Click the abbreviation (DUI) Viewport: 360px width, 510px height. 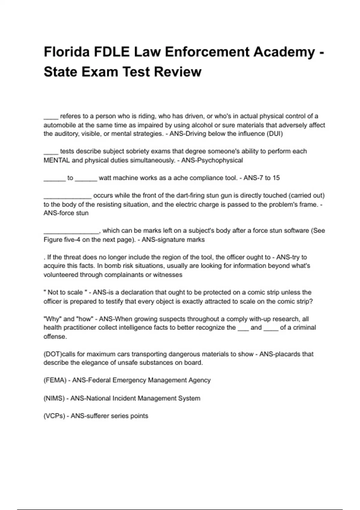tap(274, 134)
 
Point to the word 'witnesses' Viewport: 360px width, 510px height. tap(168, 275)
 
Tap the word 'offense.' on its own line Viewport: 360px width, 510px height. tap(55, 337)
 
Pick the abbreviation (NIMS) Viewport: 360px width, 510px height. tap(54, 398)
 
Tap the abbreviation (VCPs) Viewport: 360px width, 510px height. tap(54, 416)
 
